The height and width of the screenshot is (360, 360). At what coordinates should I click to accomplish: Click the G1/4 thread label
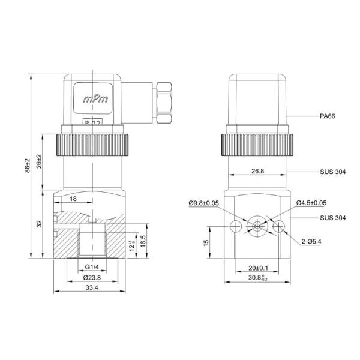[91, 266]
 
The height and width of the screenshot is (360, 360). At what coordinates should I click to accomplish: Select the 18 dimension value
[73, 198]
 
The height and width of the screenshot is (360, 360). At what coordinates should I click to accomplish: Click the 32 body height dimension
[38, 224]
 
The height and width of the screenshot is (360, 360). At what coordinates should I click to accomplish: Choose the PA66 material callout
[328, 116]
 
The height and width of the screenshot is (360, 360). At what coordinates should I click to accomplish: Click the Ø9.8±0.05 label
[203, 204]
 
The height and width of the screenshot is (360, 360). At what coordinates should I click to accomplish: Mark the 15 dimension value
[205, 242]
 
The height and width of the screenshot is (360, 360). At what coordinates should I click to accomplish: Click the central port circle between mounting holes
[257, 226]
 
